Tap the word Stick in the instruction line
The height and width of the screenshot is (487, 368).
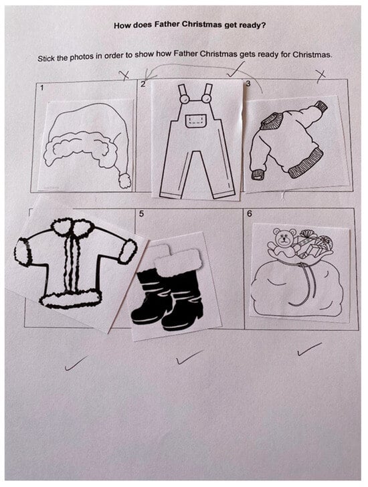coord(46,58)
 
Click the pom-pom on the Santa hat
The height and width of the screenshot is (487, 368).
coord(125,181)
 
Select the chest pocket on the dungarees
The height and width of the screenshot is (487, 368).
coord(196,121)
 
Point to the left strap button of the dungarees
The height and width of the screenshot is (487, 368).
coord(184,99)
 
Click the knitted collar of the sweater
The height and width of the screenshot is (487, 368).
coord(272,121)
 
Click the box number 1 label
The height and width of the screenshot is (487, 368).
coord(42,88)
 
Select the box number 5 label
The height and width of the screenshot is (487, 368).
coord(142,213)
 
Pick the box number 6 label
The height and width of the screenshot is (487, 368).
coord(250,213)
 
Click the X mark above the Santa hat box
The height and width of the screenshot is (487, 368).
coord(125,75)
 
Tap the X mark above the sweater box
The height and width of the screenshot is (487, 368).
coord(320,75)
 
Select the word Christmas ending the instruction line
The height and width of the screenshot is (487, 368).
coord(312,55)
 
